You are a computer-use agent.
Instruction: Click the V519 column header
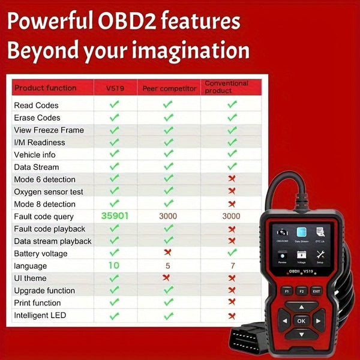[x=114, y=88]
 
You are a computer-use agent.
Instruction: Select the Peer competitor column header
[x=169, y=88]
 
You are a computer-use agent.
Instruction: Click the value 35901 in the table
[x=115, y=216]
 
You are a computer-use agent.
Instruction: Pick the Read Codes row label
[x=36, y=105]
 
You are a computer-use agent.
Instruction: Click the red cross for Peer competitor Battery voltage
[x=169, y=253]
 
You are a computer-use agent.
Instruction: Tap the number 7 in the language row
[x=232, y=265]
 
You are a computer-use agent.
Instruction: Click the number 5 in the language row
[x=169, y=265]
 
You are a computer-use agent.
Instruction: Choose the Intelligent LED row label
[x=40, y=315]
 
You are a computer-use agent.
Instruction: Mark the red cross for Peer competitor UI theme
[x=169, y=278]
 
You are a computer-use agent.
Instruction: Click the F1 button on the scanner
[x=286, y=291]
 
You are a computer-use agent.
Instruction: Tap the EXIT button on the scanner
[x=317, y=291]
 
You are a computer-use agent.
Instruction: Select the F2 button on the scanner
[x=302, y=291]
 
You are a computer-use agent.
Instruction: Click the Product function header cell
[x=46, y=88]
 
